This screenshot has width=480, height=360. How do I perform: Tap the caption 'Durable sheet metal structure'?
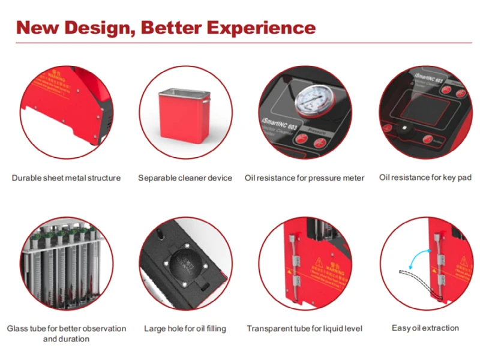pyautogui.click(x=66, y=178)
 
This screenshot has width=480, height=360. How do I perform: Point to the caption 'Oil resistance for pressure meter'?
pyautogui.click(x=304, y=178)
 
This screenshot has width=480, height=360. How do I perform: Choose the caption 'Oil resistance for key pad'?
pyautogui.click(x=425, y=177)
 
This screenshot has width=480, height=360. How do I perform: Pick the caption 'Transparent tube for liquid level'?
pyautogui.click(x=304, y=328)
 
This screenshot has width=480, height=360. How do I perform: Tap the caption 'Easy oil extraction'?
pyautogui.click(x=425, y=328)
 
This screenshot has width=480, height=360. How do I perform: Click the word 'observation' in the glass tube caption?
pyautogui.click(x=102, y=328)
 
